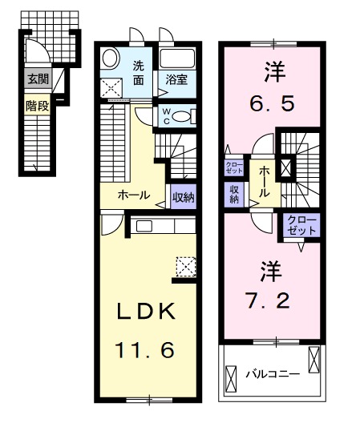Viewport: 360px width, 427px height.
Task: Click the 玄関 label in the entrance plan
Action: pyautogui.click(x=37, y=79)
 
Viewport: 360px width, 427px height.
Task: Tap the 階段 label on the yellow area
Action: pyautogui.click(x=37, y=105)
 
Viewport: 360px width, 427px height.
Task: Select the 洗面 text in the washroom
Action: pyautogui.click(x=139, y=73)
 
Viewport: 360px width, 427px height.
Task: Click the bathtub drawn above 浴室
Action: pyautogui.click(x=177, y=59)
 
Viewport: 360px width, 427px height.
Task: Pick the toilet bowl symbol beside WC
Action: pyautogui.click(x=183, y=115)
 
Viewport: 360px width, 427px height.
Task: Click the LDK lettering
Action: pyautogui.click(x=148, y=312)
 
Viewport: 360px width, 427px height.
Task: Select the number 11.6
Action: pyautogui.click(x=148, y=349)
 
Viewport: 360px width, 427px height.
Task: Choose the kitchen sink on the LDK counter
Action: pyautogui.click(x=144, y=226)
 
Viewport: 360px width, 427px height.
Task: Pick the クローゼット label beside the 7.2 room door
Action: pyautogui.click(x=301, y=224)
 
